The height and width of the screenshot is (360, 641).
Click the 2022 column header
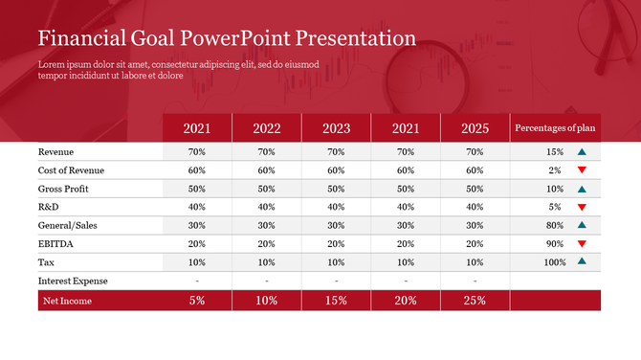tap(267, 128)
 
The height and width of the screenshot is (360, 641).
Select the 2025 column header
tap(475, 128)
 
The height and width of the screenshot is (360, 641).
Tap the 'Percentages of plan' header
tap(555, 128)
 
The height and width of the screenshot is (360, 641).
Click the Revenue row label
tap(55, 152)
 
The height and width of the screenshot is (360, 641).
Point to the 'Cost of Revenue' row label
tap(71, 170)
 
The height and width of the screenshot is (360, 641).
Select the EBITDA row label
tap(55, 243)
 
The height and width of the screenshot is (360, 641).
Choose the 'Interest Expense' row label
tap(73, 281)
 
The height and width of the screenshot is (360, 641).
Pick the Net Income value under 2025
tap(475, 301)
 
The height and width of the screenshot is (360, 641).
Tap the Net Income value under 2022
tap(267, 301)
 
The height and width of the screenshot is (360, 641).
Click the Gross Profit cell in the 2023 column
tap(336, 189)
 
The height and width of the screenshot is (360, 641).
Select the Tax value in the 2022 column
tap(267, 261)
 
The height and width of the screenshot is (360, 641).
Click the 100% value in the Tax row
tap(554, 261)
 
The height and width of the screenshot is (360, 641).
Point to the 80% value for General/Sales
tap(554, 225)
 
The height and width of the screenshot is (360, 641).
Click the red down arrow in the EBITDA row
tap(582, 243)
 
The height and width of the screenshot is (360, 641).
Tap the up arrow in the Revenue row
tap(582, 152)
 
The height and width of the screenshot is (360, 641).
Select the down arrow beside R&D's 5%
tap(582, 207)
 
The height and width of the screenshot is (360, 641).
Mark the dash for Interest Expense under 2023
tap(336, 281)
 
